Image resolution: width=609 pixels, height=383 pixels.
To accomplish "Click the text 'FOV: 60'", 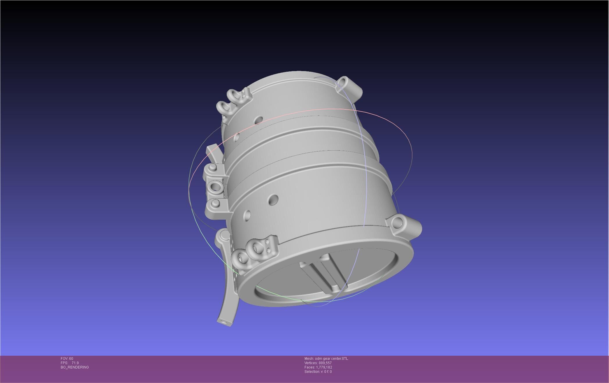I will pyautogui.click(x=67, y=359).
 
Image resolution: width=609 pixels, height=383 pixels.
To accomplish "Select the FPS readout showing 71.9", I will pyautogui.click(x=70, y=363).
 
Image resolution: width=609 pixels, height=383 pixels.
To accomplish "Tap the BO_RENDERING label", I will pyautogui.click(x=75, y=367).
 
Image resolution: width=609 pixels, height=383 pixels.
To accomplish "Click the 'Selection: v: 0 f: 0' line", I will pyautogui.click(x=318, y=372).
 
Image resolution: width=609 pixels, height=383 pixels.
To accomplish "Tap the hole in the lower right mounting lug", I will pyautogui.click(x=397, y=223).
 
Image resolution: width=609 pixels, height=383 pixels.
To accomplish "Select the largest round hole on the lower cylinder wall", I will pyautogui.click(x=273, y=200).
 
